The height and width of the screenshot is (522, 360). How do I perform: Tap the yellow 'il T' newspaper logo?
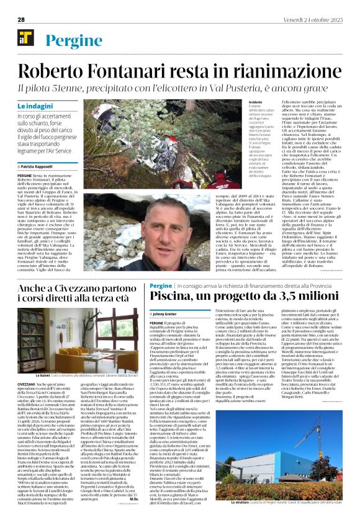pos(25,39)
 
